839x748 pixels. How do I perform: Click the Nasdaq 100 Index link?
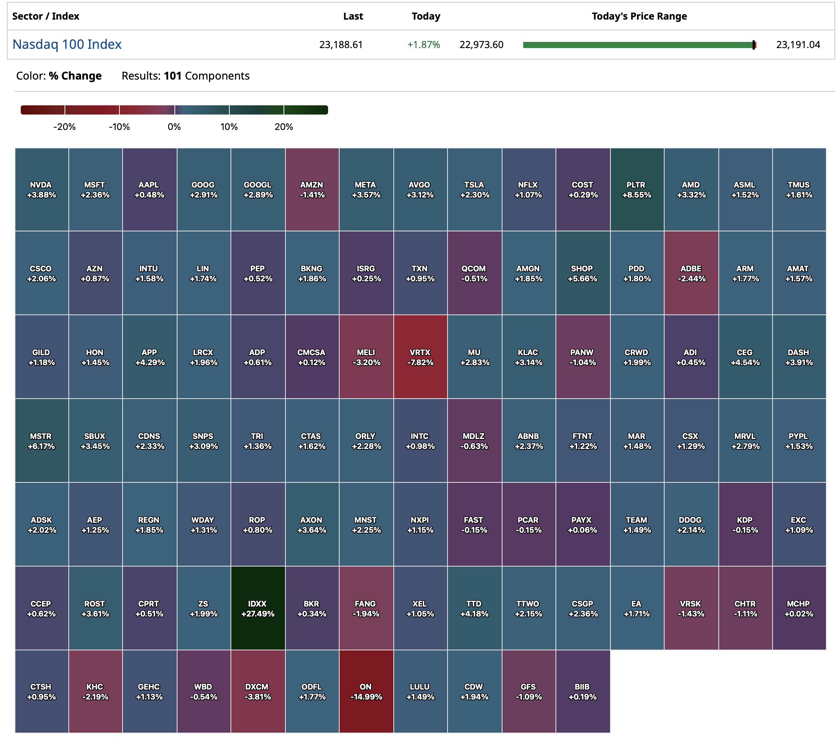tap(67, 44)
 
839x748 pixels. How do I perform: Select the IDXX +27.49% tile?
tap(257, 608)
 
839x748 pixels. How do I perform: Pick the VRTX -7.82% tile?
tap(420, 357)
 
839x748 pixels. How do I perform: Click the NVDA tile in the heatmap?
tap(41, 189)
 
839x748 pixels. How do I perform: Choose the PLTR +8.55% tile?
tap(637, 189)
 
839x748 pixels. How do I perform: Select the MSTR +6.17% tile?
tap(41, 440)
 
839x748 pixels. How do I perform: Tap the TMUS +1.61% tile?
tap(799, 189)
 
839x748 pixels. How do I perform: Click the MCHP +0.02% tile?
tap(799, 608)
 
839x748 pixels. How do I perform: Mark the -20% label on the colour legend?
tap(65, 126)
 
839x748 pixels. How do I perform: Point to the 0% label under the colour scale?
tap(174, 126)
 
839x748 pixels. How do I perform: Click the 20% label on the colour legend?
tap(284, 126)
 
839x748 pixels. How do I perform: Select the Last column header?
tap(353, 16)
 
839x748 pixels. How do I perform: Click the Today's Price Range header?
tap(639, 16)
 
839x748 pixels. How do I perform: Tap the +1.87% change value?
tap(423, 44)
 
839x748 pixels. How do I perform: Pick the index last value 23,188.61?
tap(341, 44)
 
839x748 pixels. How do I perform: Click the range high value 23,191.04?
tap(798, 44)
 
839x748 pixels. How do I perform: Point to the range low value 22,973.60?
tap(481, 44)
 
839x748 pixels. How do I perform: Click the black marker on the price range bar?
tap(754, 45)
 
